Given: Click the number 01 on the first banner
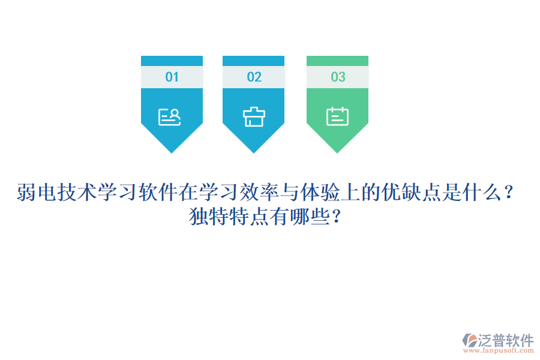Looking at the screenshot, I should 172,77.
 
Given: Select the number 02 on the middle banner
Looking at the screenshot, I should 254,77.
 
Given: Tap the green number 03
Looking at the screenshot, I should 338,77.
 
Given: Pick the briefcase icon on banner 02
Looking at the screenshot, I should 254,116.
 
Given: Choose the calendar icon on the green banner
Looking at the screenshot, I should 337,116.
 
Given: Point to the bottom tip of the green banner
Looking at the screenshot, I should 337,150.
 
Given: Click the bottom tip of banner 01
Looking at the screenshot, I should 172,150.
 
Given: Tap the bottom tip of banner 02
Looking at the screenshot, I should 253,150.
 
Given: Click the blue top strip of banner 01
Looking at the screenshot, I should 172,61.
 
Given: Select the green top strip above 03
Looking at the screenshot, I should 337,61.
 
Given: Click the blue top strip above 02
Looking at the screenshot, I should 253,61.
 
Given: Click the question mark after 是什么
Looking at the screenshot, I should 509,193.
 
